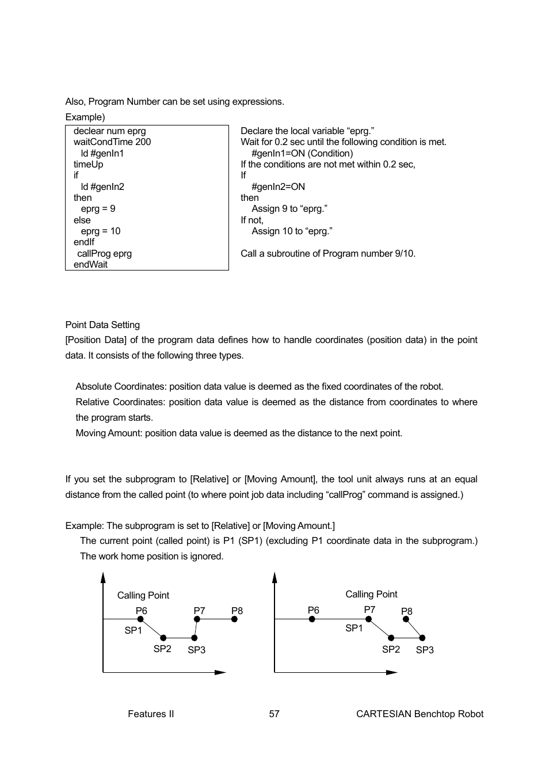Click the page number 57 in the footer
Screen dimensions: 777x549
tap(274, 714)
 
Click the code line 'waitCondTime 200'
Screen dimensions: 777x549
tap(112, 142)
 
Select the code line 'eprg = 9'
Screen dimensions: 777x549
tap(98, 208)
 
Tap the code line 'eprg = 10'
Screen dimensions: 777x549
tap(100, 231)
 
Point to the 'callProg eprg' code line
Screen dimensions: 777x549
tap(104, 253)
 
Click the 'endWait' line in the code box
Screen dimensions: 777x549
tap(90, 264)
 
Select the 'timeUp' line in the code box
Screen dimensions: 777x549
tap(88, 164)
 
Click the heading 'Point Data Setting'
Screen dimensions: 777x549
tap(102, 325)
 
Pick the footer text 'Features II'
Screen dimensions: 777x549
tap(151, 714)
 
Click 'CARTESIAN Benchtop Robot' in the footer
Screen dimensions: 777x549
tap(420, 714)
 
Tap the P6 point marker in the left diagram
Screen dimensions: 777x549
tap(140, 619)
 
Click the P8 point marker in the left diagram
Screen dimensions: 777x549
tap(234, 619)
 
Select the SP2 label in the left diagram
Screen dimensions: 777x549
tap(162, 649)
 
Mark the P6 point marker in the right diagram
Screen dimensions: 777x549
tap(312, 619)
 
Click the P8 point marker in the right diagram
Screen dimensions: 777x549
tap(406, 620)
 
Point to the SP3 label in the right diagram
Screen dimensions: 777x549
tap(425, 650)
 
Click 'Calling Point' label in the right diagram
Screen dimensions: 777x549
tap(371, 594)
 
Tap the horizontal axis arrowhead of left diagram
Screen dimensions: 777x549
tap(220, 672)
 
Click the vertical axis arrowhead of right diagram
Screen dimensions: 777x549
tap(274, 577)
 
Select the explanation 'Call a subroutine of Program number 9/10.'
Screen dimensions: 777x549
tap(328, 253)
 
